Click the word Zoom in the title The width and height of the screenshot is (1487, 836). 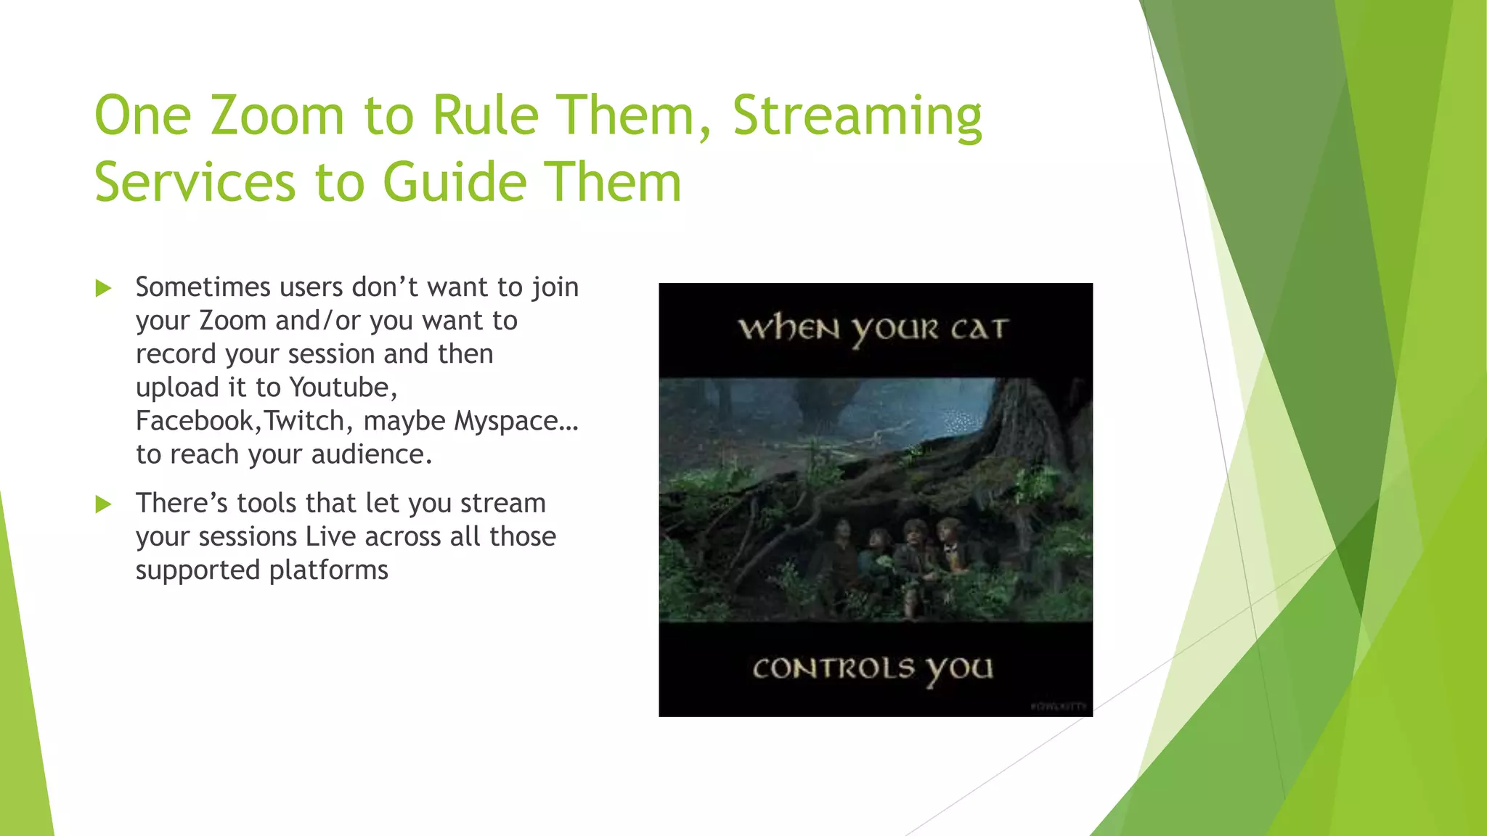point(277,115)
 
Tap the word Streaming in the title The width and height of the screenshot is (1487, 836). point(857,115)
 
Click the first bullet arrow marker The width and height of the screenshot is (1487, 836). point(104,289)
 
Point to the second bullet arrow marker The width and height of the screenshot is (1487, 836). point(104,504)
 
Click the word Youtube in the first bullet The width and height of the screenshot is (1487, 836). point(343,388)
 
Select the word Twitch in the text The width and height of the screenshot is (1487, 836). point(304,421)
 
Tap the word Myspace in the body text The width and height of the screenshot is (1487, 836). point(506,421)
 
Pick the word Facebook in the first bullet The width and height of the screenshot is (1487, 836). point(194,421)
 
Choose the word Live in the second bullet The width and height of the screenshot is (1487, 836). point(330,537)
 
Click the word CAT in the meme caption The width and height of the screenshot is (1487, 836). point(979,329)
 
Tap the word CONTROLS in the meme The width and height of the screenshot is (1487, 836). point(833,668)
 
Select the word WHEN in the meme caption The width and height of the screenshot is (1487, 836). point(789,329)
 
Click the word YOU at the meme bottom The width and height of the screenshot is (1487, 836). point(958,669)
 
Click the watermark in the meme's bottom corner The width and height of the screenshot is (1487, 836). point(1059,706)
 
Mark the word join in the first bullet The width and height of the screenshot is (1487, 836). point(555,288)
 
